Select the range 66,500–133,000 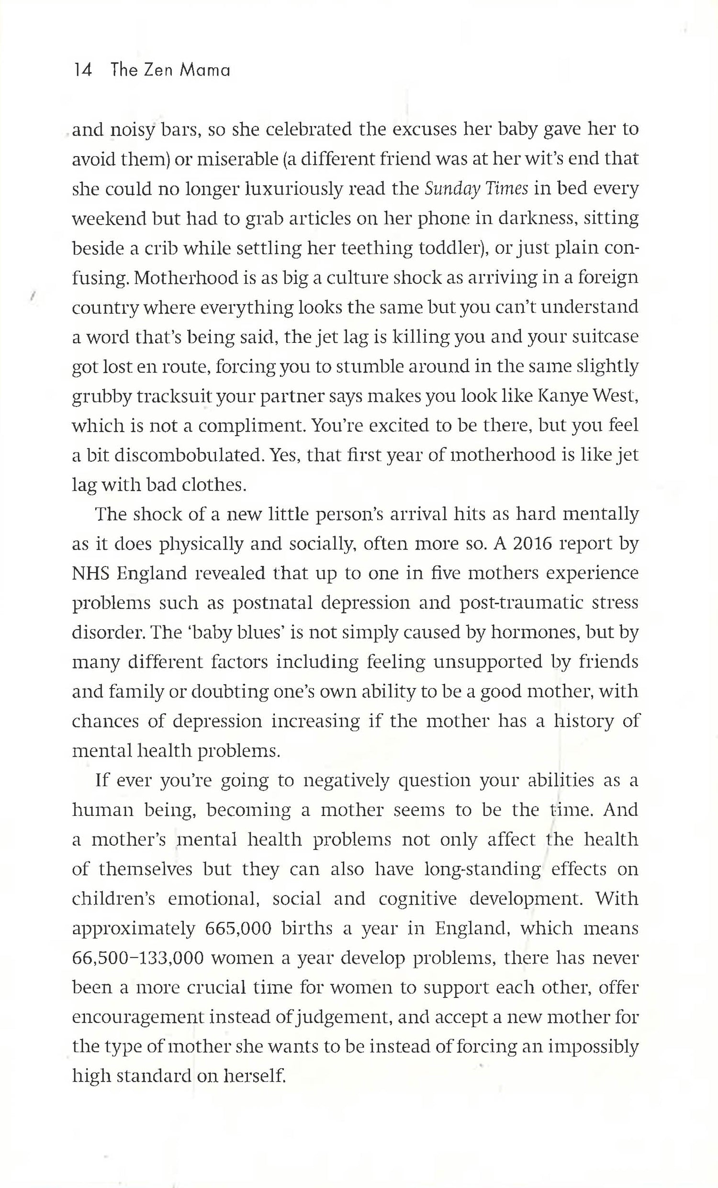point(137,958)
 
